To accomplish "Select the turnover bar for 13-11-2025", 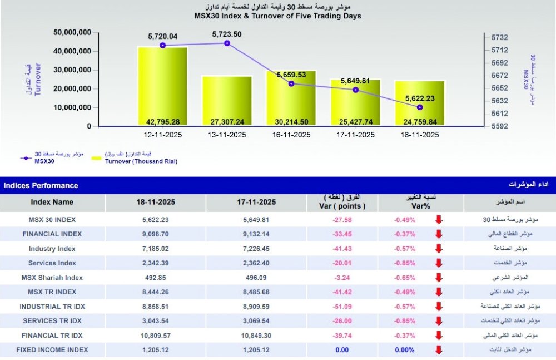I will (227, 100).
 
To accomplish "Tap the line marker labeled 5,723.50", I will (227, 43).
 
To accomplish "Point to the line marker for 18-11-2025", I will (420, 107).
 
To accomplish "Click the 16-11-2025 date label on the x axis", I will (291, 135).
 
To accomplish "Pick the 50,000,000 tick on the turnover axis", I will (72, 33).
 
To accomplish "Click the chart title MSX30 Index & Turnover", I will (277, 16).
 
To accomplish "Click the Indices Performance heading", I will (41, 185).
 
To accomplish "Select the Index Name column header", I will (52, 202).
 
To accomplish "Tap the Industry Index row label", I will (52, 249).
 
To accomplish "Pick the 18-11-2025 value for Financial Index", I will (155, 234).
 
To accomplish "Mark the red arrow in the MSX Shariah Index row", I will (439, 278).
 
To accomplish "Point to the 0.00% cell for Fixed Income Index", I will (404, 350).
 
